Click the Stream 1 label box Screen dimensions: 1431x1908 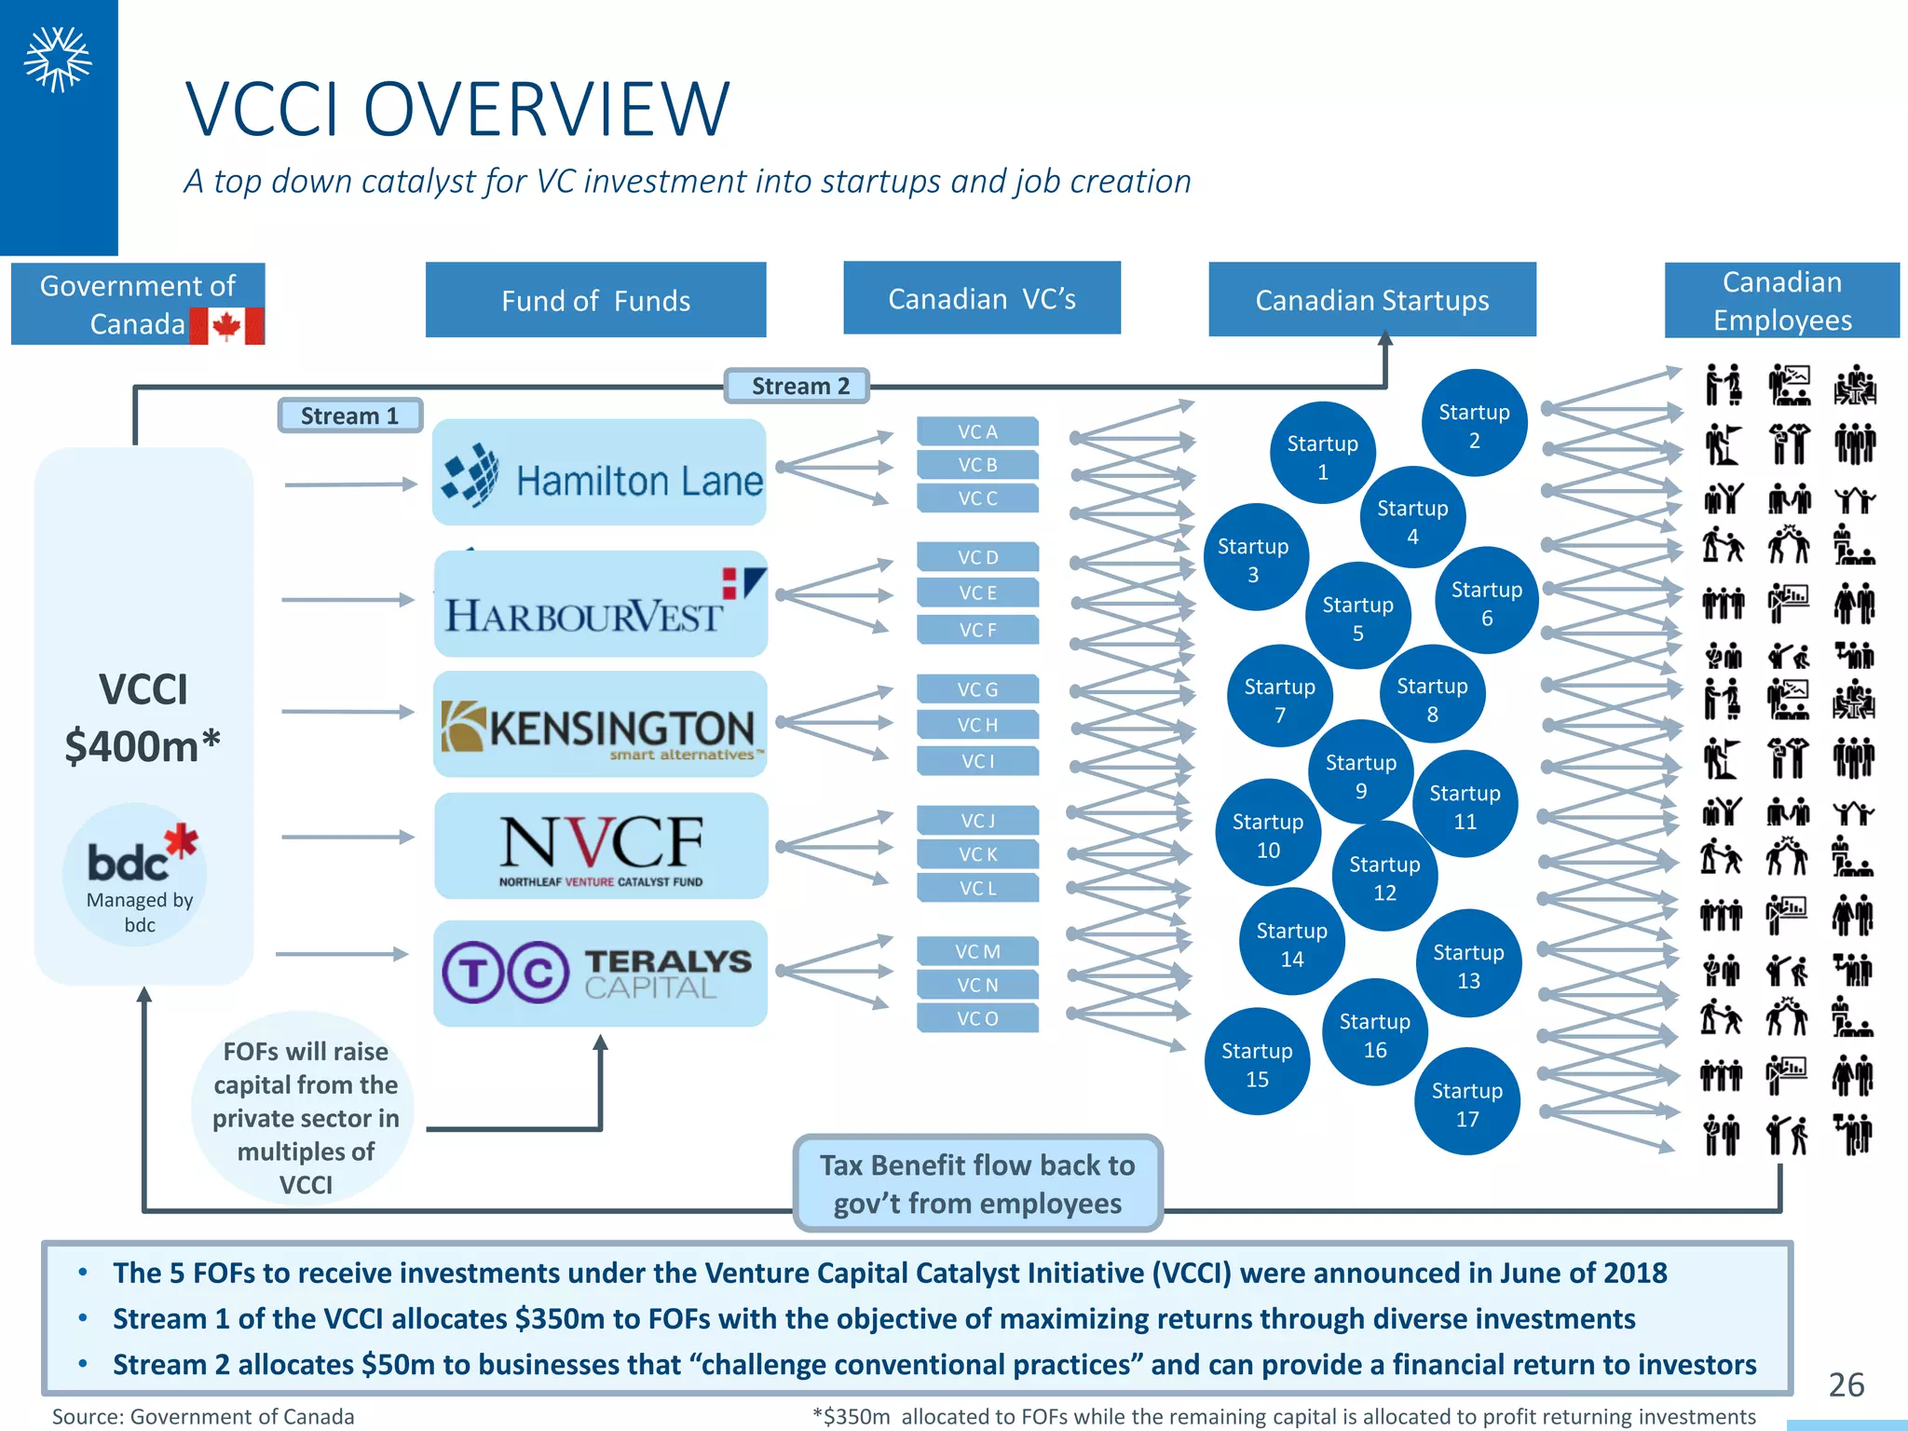click(x=349, y=416)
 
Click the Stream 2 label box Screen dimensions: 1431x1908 click(x=797, y=386)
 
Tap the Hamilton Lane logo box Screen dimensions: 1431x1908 click(x=599, y=472)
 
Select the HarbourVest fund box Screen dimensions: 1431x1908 click(x=600, y=604)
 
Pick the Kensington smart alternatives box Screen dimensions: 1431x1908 click(x=600, y=725)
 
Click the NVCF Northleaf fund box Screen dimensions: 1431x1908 click(x=601, y=846)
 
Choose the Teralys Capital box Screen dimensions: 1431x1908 click(x=600, y=974)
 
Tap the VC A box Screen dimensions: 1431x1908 click(x=977, y=431)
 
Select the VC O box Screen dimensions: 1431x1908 click(x=977, y=1018)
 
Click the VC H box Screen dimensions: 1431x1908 click(x=977, y=725)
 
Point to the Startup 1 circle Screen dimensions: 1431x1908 click(x=1322, y=456)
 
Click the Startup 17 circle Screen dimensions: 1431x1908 click(x=1466, y=1103)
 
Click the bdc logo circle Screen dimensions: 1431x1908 click(x=136, y=874)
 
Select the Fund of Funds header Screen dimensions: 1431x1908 click(x=595, y=300)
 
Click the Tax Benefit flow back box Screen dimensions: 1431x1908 click(x=977, y=1183)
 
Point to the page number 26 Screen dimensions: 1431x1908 click(x=1846, y=1384)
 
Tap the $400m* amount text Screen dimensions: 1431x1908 click(x=143, y=746)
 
